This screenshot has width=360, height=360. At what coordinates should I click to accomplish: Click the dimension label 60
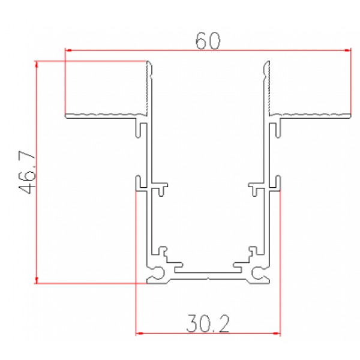208,41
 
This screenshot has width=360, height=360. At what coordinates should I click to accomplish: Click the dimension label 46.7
27,172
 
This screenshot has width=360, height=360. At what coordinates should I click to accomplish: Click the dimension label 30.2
208,324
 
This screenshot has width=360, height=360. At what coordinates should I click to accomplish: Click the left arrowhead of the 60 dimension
68,50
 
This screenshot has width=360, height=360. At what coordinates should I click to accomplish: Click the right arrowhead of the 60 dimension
347,50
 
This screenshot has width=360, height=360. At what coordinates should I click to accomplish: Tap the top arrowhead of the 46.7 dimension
37,65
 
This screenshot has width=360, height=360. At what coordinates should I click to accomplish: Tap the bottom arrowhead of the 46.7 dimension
37,280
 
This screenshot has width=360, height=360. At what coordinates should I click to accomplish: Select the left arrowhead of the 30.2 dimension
139,333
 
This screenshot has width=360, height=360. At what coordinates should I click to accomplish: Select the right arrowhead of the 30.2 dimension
277,333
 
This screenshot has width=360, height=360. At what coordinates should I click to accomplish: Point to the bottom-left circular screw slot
158,273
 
